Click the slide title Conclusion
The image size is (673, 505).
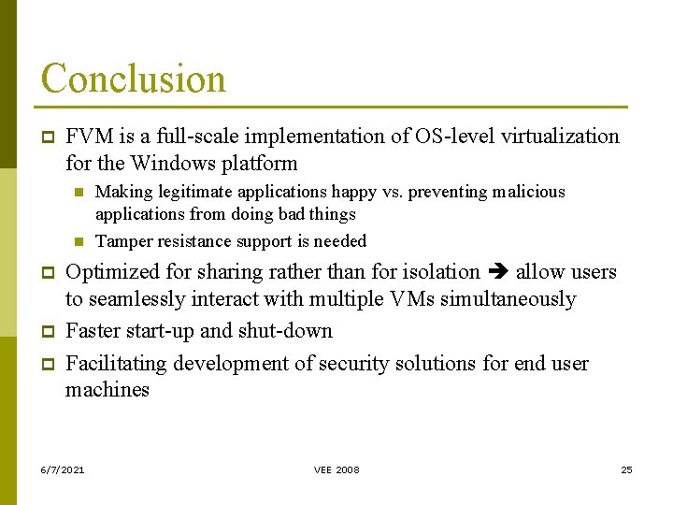pos(133,79)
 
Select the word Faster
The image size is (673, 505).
pos(94,331)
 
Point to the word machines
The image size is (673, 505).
pos(107,390)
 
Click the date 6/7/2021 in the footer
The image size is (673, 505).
pos(62,469)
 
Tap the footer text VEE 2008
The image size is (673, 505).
pos(336,469)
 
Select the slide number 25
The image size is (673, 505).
pos(626,469)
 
